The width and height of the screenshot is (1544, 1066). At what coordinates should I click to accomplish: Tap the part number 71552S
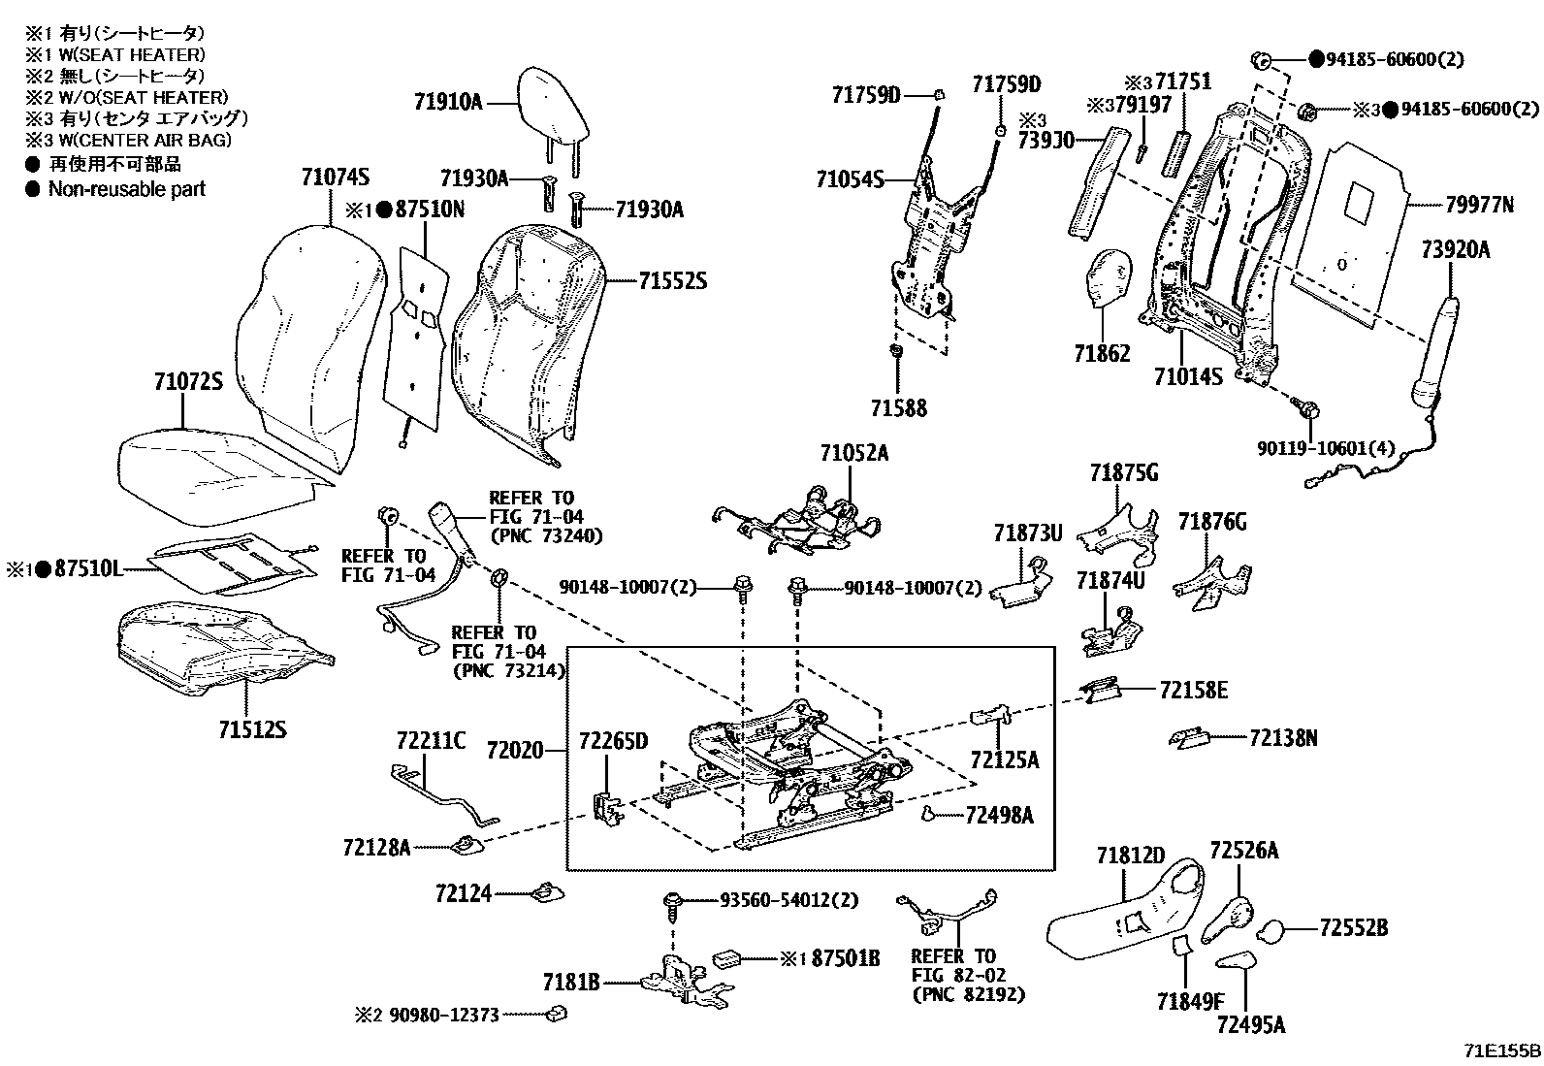pos(672,282)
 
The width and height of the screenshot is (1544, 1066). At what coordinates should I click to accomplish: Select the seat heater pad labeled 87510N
pos(416,325)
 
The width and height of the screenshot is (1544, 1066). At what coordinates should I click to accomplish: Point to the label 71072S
pos(188,382)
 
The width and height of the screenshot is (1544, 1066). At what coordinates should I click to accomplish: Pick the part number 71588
pos(897,408)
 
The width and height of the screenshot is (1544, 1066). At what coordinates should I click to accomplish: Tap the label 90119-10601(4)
pos(1326,449)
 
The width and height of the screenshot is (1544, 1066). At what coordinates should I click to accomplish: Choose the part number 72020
pos(515,751)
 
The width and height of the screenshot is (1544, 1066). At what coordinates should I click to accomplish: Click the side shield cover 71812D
pos(1125,912)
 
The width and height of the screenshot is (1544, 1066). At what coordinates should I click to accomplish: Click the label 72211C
pos(431,742)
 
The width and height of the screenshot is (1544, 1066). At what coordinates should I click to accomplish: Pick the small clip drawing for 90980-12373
pos(556,1015)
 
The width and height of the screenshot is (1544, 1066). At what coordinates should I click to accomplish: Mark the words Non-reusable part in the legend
pos(127,189)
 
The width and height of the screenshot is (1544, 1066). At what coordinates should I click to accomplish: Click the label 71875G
pos(1123,473)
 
